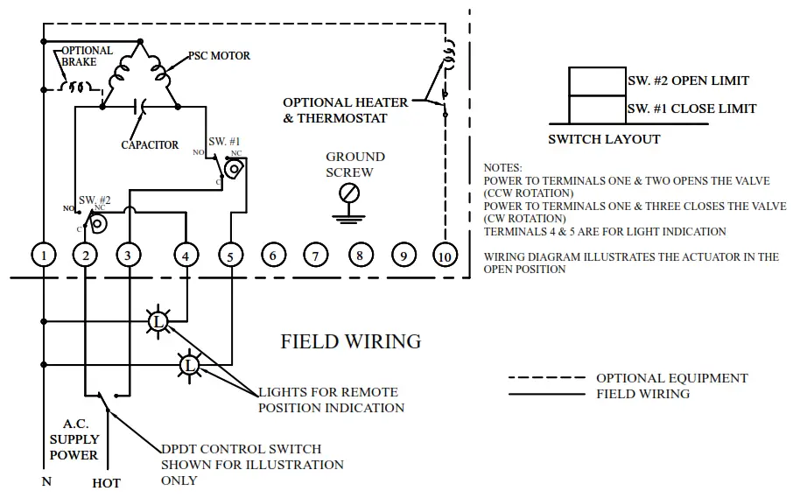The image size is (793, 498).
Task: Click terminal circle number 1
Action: click(43, 255)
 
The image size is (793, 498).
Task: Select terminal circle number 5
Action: click(229, 256)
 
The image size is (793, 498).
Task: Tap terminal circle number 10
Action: click(445, 255)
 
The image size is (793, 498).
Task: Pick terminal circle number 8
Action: click(359, 256)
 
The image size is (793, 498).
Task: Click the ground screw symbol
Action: click(348, 193)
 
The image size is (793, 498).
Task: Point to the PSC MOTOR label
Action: click(219, 55)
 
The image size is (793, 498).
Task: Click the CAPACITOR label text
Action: click(150, 145)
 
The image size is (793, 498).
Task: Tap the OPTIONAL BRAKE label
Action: click(87, 56)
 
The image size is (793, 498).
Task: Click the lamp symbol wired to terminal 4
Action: click(158, 322)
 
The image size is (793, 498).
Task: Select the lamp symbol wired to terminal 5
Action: click(190, 363)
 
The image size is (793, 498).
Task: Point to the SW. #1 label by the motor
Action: click(224, 141)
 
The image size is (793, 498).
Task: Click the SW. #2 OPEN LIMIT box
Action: click(598, 81)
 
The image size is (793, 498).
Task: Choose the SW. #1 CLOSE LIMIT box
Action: click(598, 109)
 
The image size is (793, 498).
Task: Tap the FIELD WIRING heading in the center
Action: click(350, 341)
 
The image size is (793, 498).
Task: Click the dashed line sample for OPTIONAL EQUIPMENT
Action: click(547, 378)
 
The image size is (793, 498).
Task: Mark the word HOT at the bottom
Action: click(106, 483)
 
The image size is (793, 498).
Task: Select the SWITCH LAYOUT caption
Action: click(604, 139)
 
